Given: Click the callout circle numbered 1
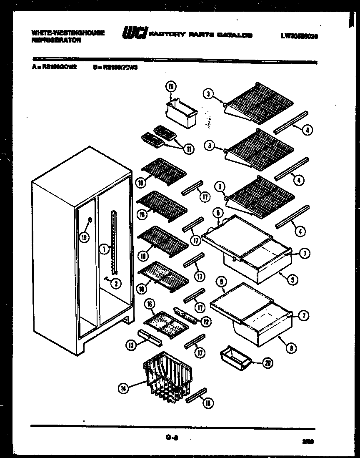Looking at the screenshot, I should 105,249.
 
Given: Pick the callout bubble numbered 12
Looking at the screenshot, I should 205,321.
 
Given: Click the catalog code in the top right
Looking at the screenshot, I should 299,36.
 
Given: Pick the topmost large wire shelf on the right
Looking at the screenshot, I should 256,103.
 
